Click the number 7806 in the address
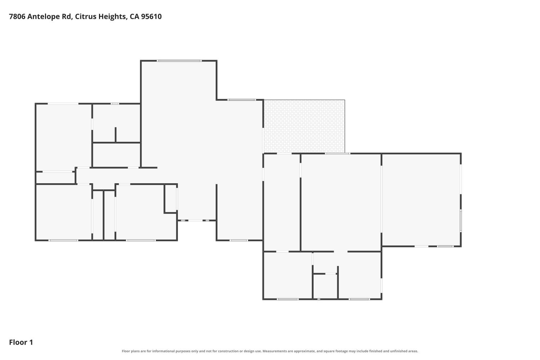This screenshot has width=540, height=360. (17, 17)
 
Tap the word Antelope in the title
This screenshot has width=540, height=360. (49, 17)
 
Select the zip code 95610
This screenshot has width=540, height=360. (151, 17)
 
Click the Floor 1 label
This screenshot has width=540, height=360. (21, 342)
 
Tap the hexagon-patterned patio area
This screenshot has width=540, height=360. (304, 126)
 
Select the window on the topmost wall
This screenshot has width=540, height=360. (179, 61)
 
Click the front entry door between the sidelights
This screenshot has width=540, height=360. (195, 220)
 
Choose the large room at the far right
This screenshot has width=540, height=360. (421, 200)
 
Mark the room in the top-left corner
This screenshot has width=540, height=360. (64, 137)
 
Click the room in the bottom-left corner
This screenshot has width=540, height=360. (64, 212)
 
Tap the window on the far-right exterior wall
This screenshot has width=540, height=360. (461, 220)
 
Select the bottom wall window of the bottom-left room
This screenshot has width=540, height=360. (63, 240)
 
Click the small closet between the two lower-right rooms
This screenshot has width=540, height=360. (325, 287)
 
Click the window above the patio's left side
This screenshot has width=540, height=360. (241, 100)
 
